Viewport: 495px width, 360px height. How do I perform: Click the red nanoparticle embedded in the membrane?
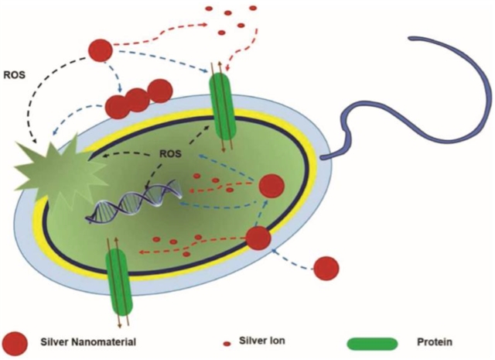pyautogui.click(x=258, y=237)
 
